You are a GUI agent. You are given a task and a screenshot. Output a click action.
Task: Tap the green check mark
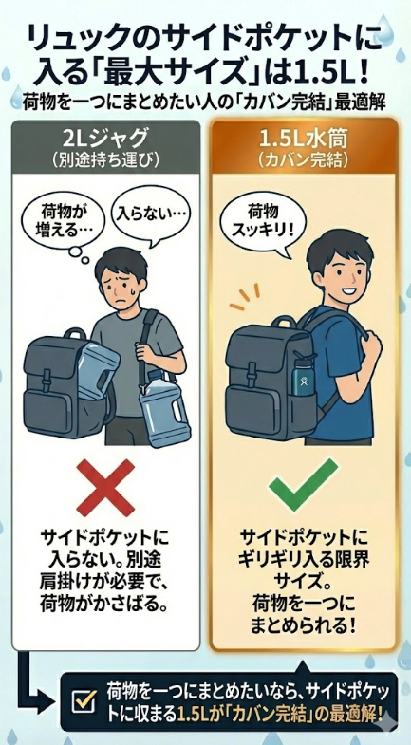click(x=303, y=483)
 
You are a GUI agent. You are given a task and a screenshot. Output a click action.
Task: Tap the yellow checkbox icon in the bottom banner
click(x=84, y=701)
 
